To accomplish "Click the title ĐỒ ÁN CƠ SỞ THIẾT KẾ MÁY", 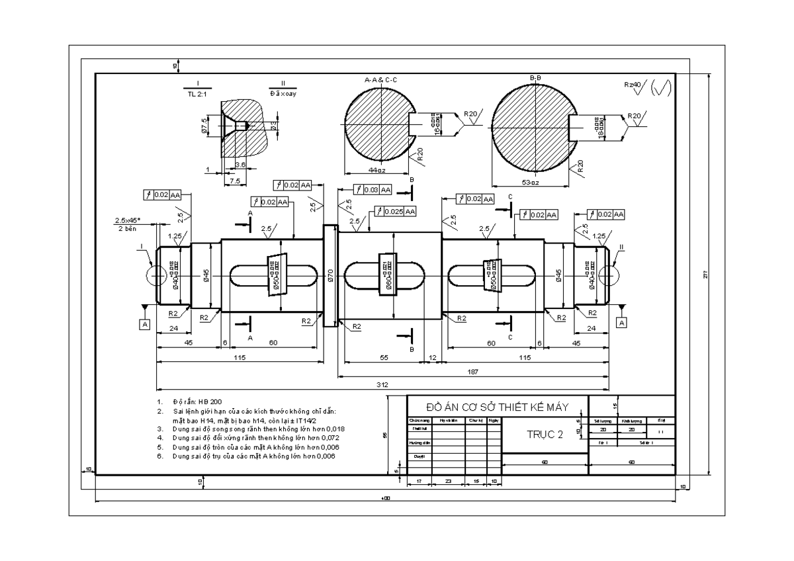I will (497, 407).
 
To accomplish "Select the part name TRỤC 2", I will (544, 435).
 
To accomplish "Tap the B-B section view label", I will (535, 79).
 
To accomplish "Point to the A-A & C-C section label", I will (381, 79).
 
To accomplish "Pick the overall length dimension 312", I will (382, 384).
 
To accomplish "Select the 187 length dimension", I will (472, 372).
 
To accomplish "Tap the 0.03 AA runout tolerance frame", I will (373, 190).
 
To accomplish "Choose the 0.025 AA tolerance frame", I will (396, 211).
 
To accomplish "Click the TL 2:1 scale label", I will (198, 93).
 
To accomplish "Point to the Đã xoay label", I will (283, 93).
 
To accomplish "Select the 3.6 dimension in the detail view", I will (240, 165).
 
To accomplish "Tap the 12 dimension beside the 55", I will (433, 357).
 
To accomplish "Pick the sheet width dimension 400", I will (386, 497).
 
